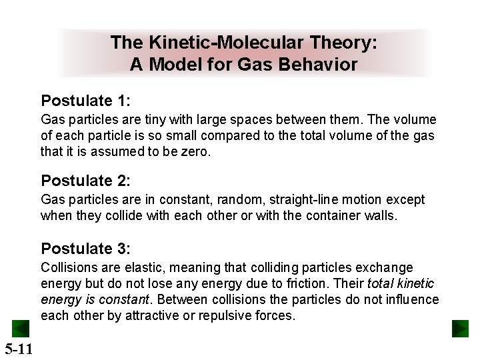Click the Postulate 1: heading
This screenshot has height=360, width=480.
tap(85, 101)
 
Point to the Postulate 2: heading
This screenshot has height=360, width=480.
tap(85, 181)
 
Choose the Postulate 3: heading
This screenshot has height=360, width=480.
tap(85, 249)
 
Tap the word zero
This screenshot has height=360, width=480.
tap(195, 152)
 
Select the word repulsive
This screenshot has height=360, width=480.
tap(216, 316)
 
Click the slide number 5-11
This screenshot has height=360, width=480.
tap(19, 348)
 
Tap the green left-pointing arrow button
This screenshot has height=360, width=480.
tap(20, 329)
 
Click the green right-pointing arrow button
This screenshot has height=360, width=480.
tap(460, 329)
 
